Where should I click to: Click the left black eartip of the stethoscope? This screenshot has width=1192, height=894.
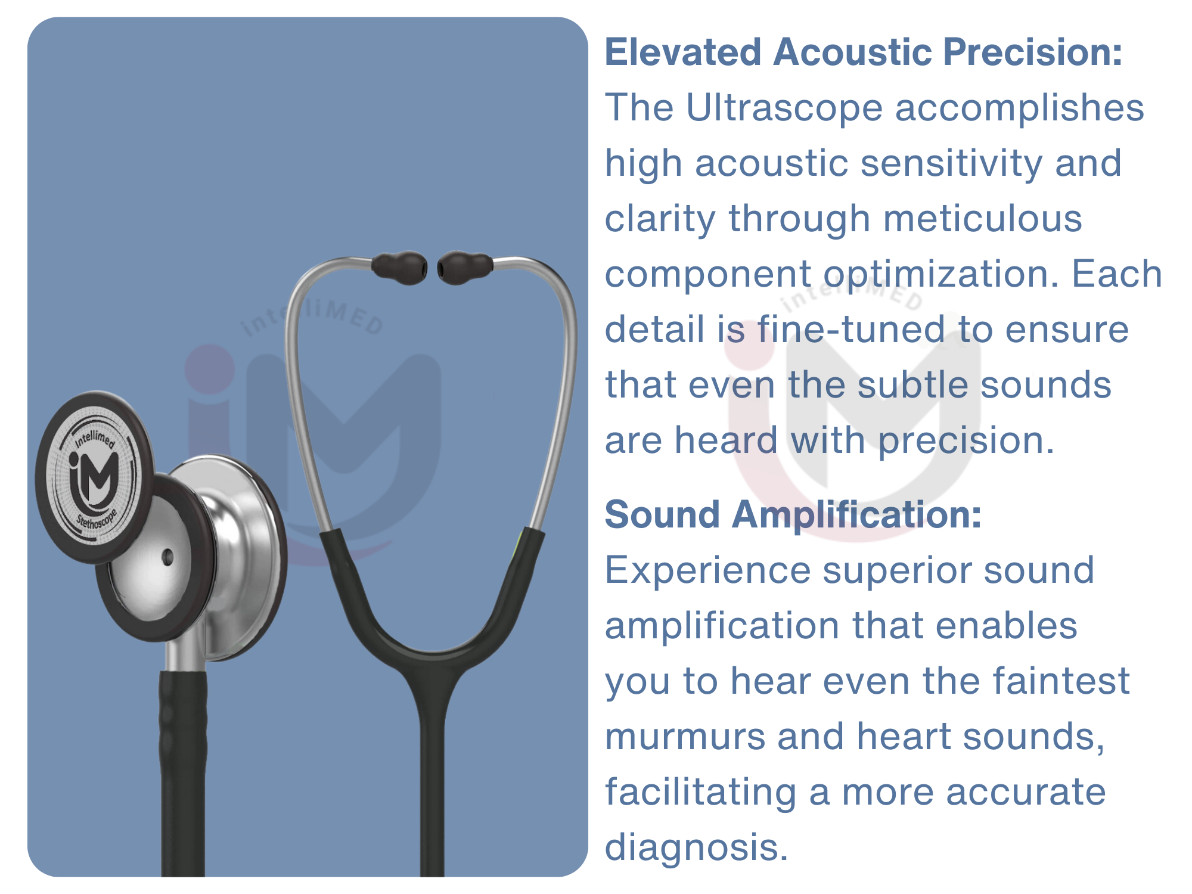coord(399,267)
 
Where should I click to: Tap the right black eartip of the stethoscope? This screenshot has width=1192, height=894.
coord(465,267)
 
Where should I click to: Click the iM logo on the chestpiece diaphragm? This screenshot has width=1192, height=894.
coord(94,477)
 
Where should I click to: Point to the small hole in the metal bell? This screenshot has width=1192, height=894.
coord(168,557)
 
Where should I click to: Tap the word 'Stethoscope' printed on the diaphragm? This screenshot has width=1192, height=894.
coord(97,519)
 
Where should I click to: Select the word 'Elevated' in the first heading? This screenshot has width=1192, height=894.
coord(683,52)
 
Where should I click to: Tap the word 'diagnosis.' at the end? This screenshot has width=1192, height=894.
coord(696,848)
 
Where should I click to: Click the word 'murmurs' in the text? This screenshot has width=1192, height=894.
coord(685,737)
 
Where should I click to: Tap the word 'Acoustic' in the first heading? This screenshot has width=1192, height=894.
coord(852,52)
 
